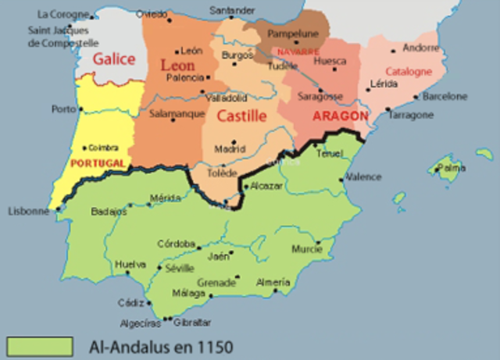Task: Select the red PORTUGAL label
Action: pyautogui.click(x=97, y=162)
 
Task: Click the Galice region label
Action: pyautogui.click(x=114, y=59)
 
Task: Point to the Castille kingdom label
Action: pyautogui.click(x=241, y=116)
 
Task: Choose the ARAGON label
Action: pyautogui.click(x=339, y=116)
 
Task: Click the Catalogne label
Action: pyautogui.click(x=408, y=71)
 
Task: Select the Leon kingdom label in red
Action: pyautogui.click(x=177, y=66)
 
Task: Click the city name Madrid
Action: pyautogui.click(x=230, y=149)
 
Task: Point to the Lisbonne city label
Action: pyautogui.click(x=28, y=211)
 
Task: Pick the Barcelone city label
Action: pyautogui.click(x=445, y=97)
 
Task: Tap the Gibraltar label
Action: pyautogui.click(x=192, y=323)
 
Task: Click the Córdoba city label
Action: pyautogui.click(x=175, y=243)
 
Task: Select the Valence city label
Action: pyautogui.click(x=363, y=176)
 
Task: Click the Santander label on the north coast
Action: pyautogui.click(x=232, y=10)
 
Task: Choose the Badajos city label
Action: pyautogui.click(x=109, y=211)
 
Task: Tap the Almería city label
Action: pyautogui.click(x=273, y=282)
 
